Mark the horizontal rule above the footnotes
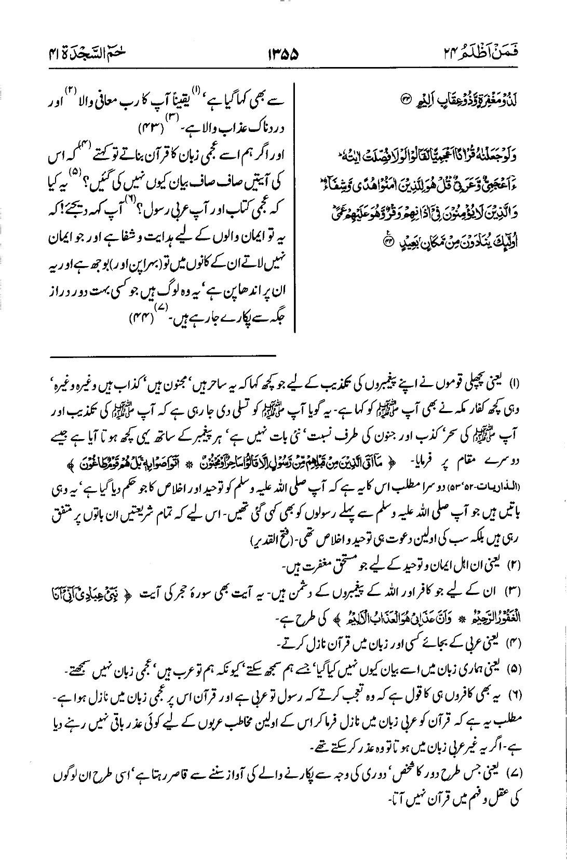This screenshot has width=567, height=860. point(163,356)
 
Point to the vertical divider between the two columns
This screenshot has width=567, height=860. point(295,208)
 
